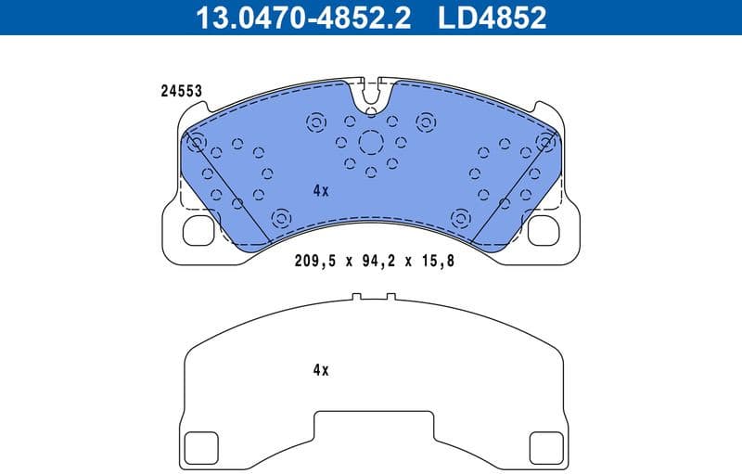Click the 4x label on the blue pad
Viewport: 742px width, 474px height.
321,190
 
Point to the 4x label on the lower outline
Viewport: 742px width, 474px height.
321,369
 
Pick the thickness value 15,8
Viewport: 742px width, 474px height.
436,262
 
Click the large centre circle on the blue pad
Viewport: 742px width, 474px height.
371,142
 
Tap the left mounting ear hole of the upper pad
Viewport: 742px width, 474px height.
198,230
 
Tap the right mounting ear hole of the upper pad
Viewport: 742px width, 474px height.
544,230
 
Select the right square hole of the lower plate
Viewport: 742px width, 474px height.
544,448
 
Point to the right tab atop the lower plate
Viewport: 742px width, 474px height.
390,298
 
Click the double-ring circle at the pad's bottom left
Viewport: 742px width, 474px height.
278,218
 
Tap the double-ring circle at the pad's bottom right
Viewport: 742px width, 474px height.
460,218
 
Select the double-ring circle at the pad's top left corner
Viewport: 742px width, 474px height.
196,141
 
